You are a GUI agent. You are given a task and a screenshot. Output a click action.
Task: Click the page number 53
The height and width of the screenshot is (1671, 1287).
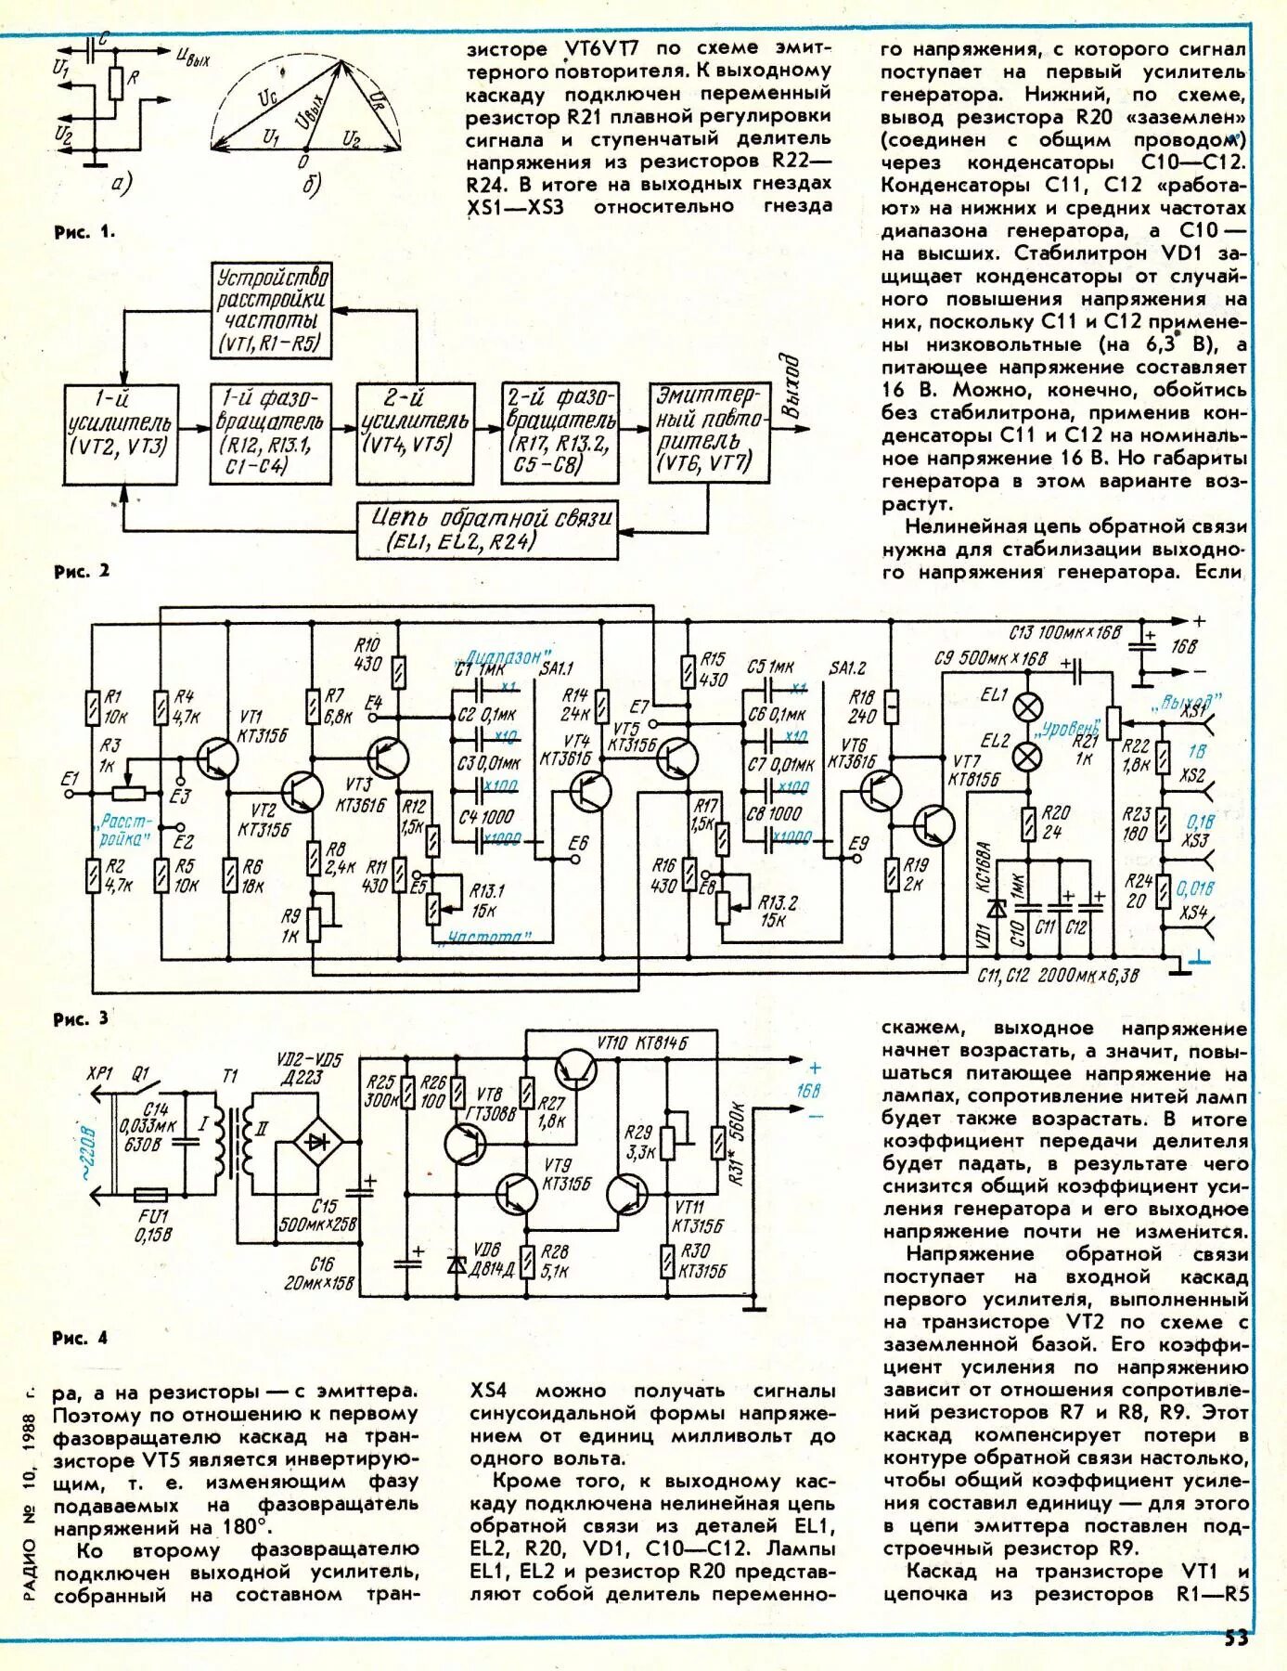pos(1235,1638)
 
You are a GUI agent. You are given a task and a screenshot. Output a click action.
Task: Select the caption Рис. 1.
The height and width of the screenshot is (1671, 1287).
pos(84,232)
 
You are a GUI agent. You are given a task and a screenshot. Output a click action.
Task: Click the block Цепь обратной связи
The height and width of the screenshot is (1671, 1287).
pos(487,529)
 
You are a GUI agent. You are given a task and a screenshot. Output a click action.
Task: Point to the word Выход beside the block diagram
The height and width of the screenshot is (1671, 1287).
pos(790,385)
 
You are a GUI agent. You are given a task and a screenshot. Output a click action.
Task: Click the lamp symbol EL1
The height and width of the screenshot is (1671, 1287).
pos(1026,706)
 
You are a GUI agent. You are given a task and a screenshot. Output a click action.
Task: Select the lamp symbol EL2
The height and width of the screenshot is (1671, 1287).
pos(1026,757)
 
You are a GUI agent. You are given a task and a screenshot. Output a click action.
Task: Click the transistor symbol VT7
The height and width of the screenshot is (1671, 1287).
pos(934,823)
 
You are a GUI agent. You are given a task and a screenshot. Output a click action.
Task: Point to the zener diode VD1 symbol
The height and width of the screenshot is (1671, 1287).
pos(997,908)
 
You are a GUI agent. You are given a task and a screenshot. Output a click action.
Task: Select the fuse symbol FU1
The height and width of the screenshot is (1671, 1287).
pos(151,1195)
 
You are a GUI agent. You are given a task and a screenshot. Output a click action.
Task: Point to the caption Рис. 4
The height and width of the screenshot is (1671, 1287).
pos(80,1338)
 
